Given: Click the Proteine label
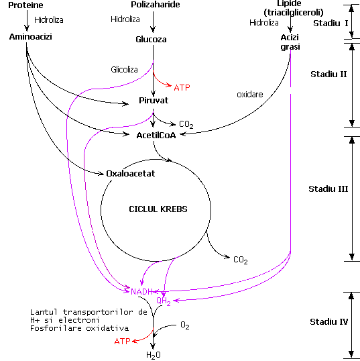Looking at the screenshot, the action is [25, 5].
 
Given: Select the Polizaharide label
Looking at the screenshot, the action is [156, 5].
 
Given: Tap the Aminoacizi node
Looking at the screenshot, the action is [30, 37].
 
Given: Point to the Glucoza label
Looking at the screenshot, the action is [151, 40].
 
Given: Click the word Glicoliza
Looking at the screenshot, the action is [124, 69].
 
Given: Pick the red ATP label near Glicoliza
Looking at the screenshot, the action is [182, 88].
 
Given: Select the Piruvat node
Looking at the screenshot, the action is [154, 101].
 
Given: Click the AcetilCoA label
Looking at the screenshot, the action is [156, 136].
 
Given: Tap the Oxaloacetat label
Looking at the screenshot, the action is [131, 173].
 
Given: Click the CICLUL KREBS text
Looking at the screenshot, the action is [158, 209].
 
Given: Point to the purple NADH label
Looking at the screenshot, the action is [141, 292].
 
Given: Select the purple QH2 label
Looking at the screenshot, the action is [164, 301].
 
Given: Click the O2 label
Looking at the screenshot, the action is [185, 325].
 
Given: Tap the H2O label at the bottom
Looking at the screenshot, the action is [154, 355].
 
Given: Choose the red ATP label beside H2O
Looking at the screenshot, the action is [123, 341].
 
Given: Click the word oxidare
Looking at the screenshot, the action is [250, 95].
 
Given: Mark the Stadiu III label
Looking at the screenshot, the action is [328, 189].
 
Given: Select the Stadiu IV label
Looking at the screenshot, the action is [328, 321].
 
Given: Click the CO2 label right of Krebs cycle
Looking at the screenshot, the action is [241, 260].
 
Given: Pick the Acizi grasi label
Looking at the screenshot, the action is [290, 42].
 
